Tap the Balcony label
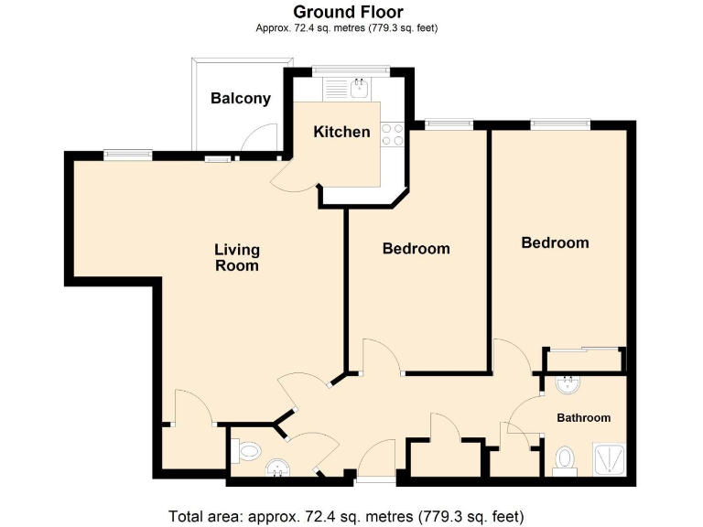240,99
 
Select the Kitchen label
341,132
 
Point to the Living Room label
236,257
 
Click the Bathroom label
583,418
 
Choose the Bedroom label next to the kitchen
416,249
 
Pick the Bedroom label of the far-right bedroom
555,242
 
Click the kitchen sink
360,88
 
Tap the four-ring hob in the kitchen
394,134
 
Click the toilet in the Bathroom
566,458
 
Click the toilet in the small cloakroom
244,451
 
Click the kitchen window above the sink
351,70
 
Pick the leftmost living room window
126,155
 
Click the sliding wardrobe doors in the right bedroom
585,349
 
